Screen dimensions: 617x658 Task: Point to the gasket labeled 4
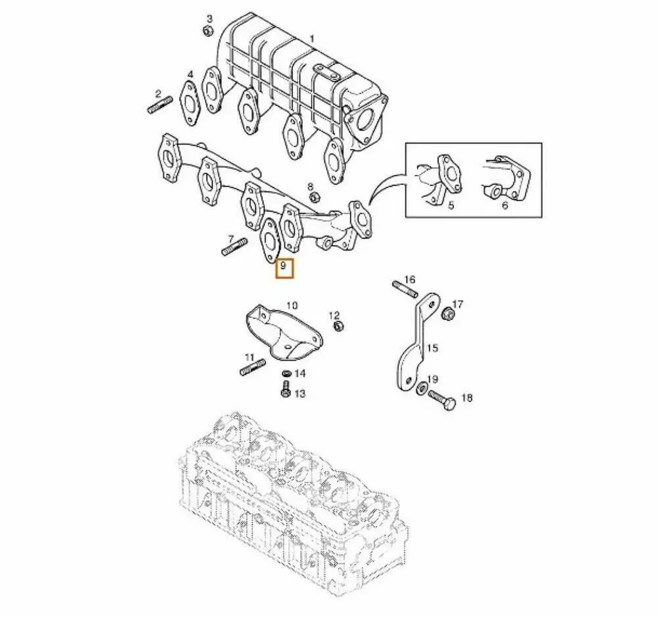(x=190, y=101)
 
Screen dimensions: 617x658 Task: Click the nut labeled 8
(x=314, y=196)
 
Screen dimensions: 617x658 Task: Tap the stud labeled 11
(x=253, y=367)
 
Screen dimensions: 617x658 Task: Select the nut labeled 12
(x=336, y=326)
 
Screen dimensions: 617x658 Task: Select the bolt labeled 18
(x=440, y=400)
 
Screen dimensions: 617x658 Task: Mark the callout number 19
(x=432, y=379)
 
